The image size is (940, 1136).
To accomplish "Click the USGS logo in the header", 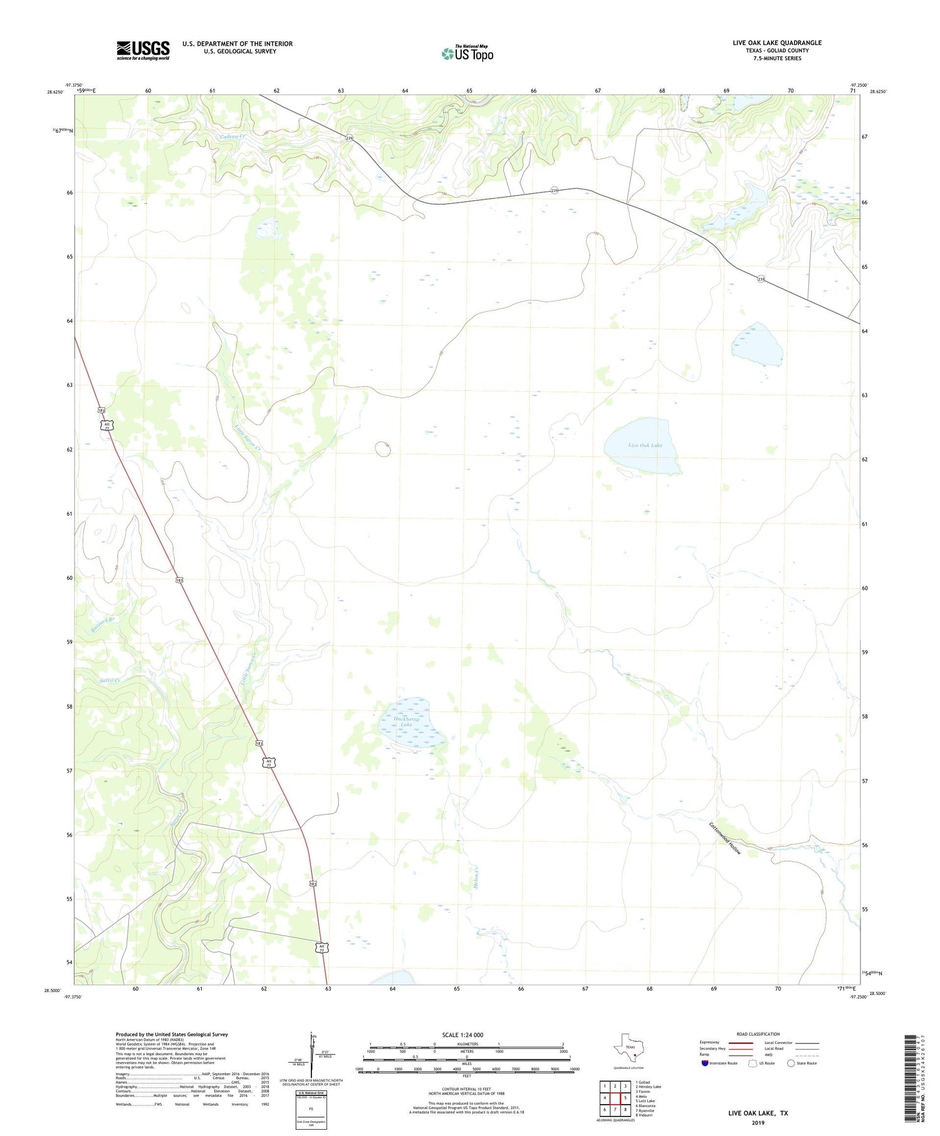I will [x=143, y=50].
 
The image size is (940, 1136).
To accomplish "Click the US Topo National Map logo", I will [x=467, y=53].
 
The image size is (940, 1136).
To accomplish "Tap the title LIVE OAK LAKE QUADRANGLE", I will [x=776, y=43].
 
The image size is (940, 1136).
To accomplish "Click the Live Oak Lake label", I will [x=645, y=445].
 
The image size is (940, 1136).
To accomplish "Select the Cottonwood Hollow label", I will [x=725, y=838].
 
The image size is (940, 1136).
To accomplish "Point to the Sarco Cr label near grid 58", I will [x=109, y=680].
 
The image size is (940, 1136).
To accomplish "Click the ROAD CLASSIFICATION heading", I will [x=758, y=1034].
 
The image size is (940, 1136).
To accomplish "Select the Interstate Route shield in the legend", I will [x=705, y=1063].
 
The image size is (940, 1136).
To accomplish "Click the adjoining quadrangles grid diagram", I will [x=615, y=1097].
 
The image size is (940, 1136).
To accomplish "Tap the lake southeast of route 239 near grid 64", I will [x=756, y=344].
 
